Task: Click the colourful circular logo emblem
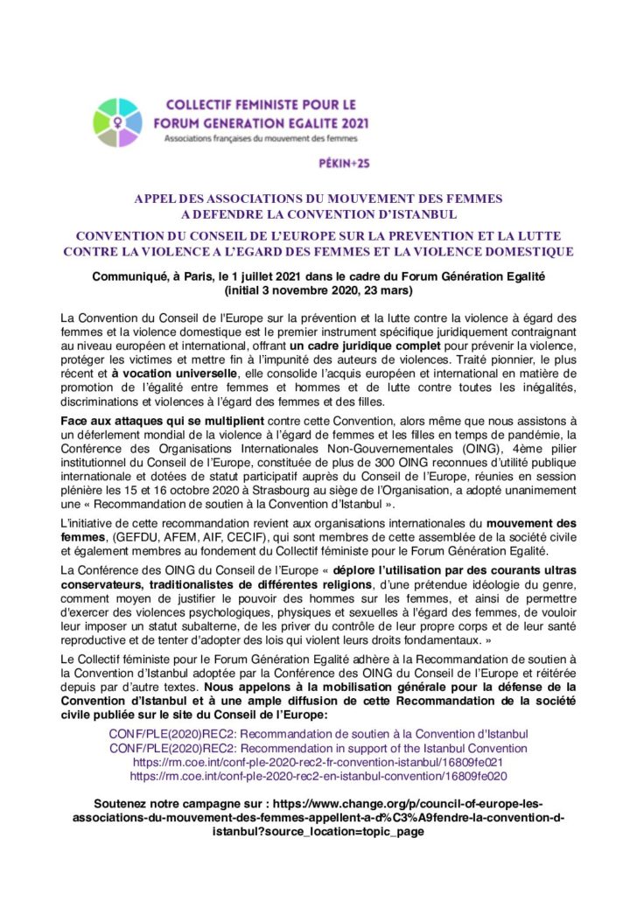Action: tap(117, 122)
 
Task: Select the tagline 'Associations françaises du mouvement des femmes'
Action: tap(263, 138)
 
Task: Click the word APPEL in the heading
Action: tap(156, 199)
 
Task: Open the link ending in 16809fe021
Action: tap(318, 762)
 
